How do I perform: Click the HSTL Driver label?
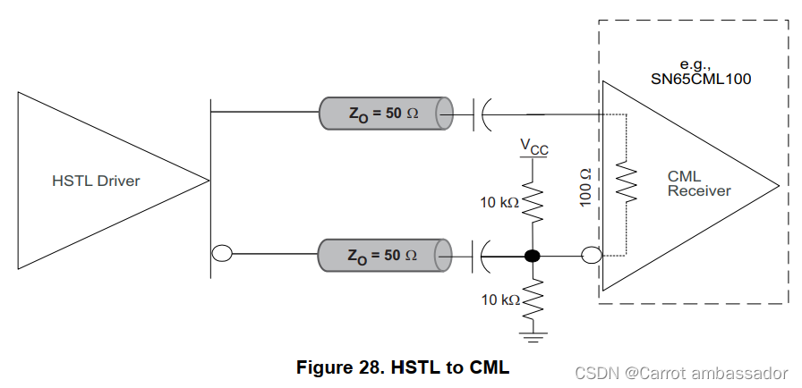96,181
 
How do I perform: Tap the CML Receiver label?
699,183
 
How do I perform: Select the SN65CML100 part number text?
700,79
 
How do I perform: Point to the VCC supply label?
534,146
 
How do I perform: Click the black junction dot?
533,257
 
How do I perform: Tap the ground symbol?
534,335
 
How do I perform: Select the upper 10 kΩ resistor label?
498,203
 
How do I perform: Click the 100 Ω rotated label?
586,187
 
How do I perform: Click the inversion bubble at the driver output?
221,254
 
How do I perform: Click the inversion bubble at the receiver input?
590,257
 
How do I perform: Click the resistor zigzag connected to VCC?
533,204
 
